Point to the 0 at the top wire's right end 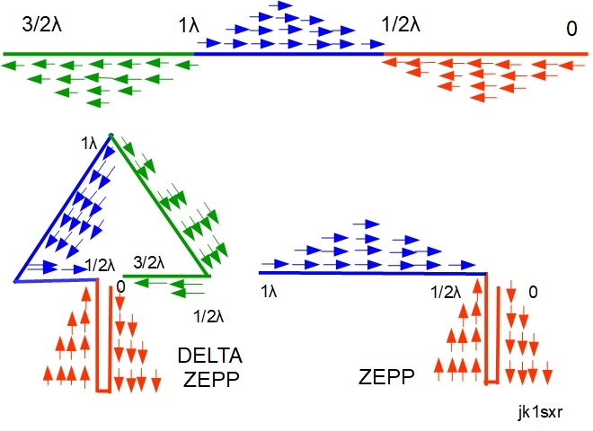point(571,29)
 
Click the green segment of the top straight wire point(99,55)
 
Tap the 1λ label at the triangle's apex point(88,141)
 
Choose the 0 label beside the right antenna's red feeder point(534,292)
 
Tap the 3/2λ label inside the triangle point(148,263)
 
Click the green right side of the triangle point(160,207)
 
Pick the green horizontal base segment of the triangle point(166,277)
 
